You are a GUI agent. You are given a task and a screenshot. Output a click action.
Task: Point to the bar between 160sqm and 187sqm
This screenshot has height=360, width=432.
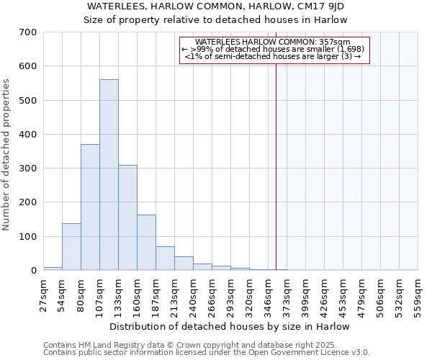(x=146, y=243)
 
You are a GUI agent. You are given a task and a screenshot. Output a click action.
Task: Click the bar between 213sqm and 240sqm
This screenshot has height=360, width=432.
(x=184, y=264)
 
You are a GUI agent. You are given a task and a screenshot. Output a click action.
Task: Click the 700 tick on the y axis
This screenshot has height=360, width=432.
(x=28, y=32)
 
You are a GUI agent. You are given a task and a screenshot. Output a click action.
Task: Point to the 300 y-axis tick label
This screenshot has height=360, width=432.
(x=28, y=168)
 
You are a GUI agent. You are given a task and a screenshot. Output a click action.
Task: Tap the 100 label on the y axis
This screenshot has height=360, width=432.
(x=28, y=237)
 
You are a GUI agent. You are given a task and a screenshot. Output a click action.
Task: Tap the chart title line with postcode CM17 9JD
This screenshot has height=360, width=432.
(x=216, y=6)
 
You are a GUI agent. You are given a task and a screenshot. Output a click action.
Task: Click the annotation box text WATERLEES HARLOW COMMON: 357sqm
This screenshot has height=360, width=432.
(x=273, y=42)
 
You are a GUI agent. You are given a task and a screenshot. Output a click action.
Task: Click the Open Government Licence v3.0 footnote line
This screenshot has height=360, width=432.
(x=207, y=353)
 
